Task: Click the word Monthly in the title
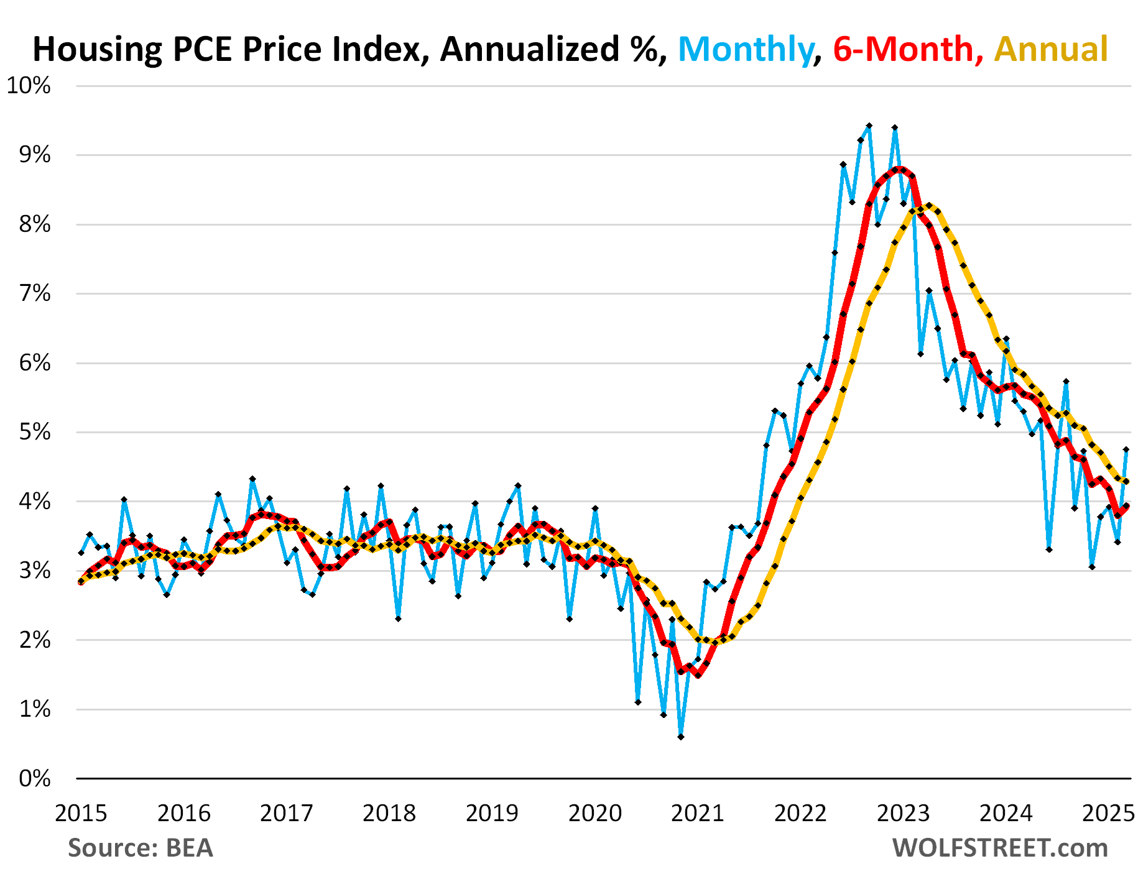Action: pos(745,50)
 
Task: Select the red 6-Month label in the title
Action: pos(903,50)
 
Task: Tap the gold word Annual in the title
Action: pos(1051,50)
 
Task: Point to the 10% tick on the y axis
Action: pos(29,86)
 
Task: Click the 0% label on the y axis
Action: pos(35,778)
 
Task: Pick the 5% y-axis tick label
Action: pos(35,432)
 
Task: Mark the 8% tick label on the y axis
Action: pos(35,224)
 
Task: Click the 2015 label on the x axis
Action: pos(81,813)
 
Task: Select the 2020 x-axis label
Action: pos(595,813)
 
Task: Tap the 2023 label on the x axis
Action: pos(903,813)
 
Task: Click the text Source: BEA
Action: pos(141,848)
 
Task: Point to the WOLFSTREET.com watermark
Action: pos(1000,848)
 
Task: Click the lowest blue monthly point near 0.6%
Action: pos(681,737)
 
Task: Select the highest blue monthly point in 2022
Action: pos(869,126)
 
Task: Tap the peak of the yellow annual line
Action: pos(928,205)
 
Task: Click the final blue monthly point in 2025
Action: pos(1125,449)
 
